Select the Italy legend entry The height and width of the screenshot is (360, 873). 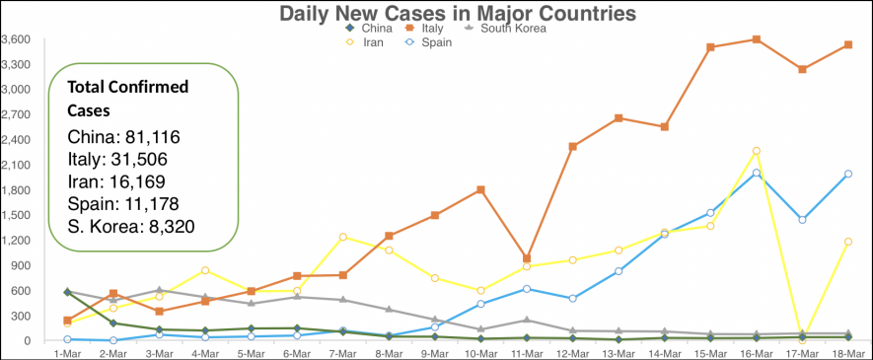429,29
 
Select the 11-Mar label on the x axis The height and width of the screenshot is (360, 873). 528,351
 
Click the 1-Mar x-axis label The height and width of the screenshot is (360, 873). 67,351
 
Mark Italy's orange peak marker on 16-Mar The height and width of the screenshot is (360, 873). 757,39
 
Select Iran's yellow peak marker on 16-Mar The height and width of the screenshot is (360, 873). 757,151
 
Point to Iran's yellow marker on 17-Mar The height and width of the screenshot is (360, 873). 802,339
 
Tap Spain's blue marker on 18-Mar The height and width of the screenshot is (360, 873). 848,175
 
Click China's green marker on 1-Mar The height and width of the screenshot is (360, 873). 67,292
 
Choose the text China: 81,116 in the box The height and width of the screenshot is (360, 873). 123,137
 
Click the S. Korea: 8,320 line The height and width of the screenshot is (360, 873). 131,227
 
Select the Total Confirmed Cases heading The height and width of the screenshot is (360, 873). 128,99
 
